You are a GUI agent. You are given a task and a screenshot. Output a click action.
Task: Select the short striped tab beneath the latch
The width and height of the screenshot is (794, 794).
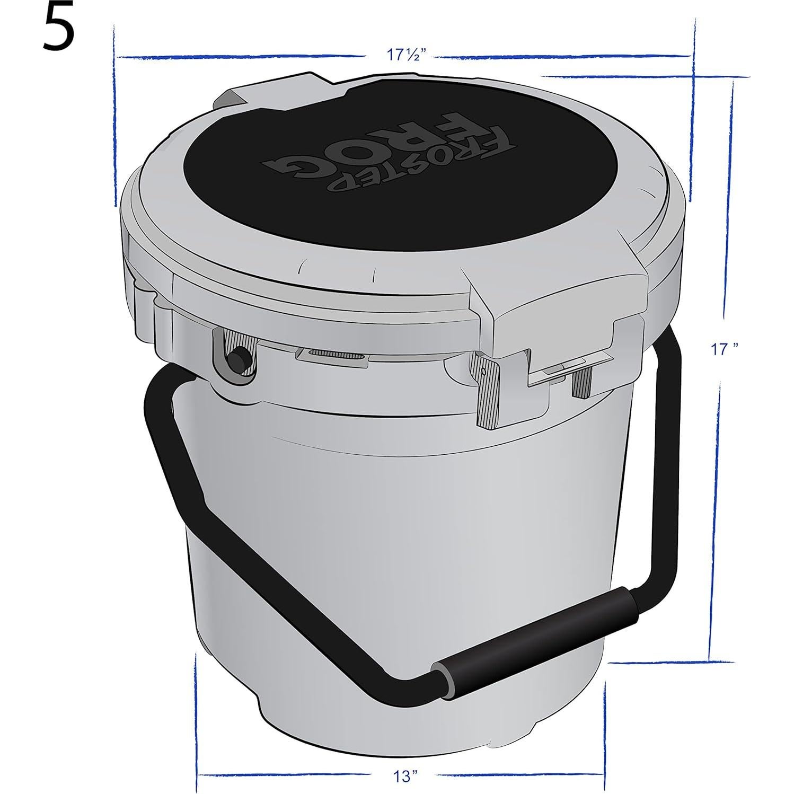click(581, 382)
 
